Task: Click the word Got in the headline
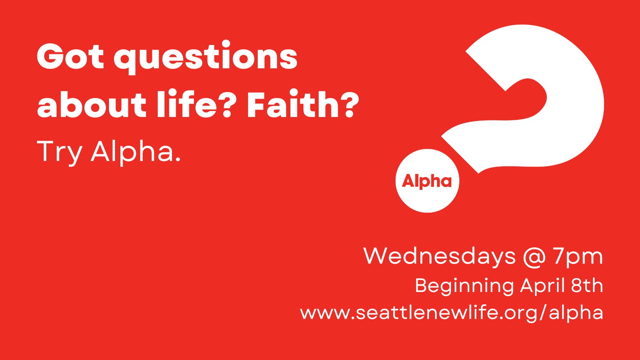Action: [x=70, y=57]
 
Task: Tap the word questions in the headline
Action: [x=206, y=57]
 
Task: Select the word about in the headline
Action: [x=92, y=105]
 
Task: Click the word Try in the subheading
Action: [x=59, y=152]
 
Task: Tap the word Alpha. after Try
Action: [x=136, y=152]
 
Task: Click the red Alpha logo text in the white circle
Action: [x=427, y=181]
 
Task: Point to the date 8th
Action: [x=587, y=286]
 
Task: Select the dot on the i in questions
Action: [x=226, y=44]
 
